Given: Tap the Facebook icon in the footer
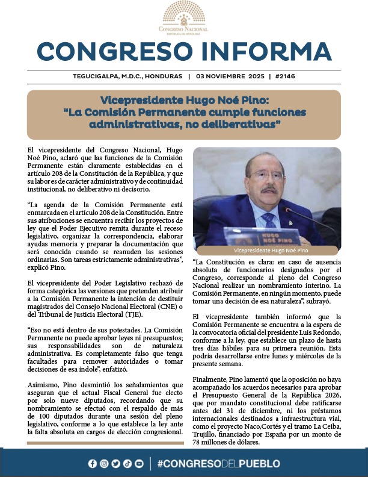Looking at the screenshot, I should pos(92,463).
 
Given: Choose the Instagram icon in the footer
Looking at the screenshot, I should pos(104,463).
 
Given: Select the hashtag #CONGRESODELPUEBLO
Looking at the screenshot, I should pos(218,463).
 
